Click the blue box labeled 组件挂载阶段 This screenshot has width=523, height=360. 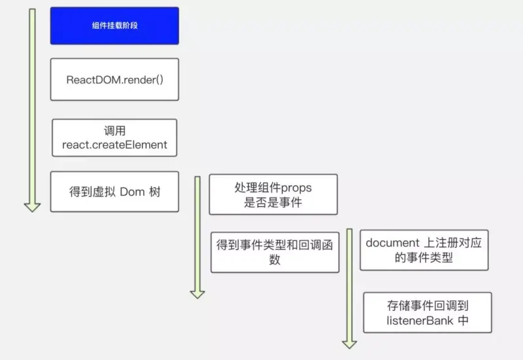point(114,25)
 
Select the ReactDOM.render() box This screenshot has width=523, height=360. point(114,80)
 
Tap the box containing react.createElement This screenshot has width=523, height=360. point(114,137)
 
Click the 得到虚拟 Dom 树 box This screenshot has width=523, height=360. point(114,191)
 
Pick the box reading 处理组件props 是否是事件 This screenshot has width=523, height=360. point(273,195)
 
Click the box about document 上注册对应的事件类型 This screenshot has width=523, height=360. point(424,250)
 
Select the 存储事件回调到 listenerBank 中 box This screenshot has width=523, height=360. point(428,312)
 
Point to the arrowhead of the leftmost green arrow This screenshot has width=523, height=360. point(32,206)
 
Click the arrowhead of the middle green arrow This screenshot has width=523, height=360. point(197,293)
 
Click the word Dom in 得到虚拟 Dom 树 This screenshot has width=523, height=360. point(131,192)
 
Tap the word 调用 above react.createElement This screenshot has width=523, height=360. point(114,131)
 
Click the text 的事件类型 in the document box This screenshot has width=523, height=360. point(424,258)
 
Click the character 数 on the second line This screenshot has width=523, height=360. point(275,259)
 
